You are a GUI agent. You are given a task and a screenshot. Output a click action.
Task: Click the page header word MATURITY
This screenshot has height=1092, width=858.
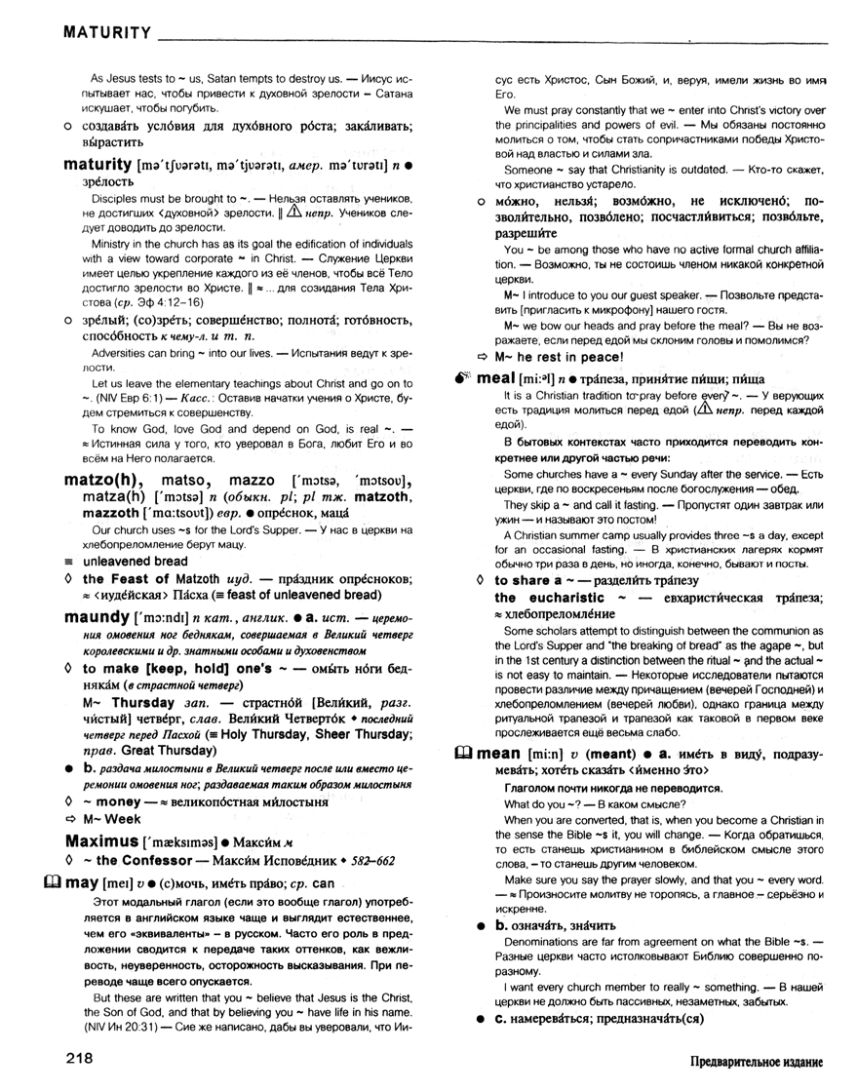[105, 33]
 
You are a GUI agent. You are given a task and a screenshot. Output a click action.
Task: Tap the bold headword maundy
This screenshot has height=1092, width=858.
[97, 617]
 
